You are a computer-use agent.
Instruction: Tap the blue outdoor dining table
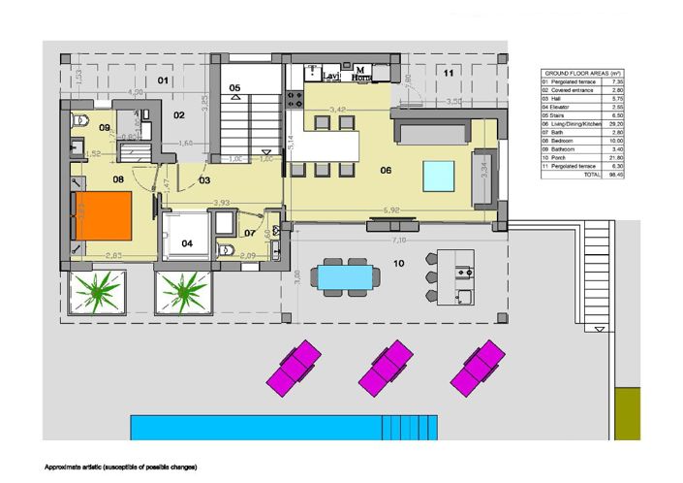(x=346, y=276)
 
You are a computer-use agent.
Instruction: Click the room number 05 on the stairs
(x=235, y=88)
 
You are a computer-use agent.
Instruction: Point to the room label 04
(x=187, y=243)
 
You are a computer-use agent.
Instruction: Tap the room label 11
(x=449, y=74)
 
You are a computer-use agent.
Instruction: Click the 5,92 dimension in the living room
(x=391, y=209)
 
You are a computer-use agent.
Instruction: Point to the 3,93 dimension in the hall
(x=220, y=202)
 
